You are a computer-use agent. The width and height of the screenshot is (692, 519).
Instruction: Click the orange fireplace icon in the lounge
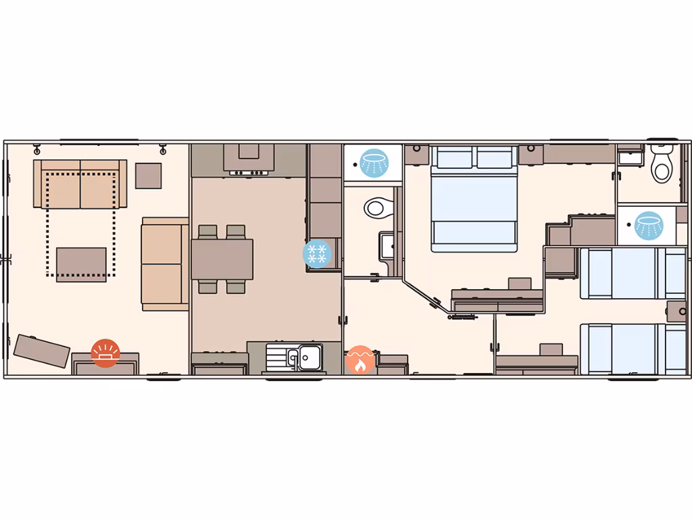point(105,353)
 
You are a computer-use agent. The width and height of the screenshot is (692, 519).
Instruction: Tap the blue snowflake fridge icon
point(317,254)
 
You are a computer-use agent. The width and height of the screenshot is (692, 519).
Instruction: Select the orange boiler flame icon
point(360,360)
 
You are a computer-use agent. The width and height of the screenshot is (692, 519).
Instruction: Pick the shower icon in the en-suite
point(649,225)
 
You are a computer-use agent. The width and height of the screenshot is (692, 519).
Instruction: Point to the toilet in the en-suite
point(662,164)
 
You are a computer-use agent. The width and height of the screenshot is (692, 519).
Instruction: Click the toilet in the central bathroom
point(378,207)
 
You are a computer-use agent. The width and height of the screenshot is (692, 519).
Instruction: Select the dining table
point(222,259)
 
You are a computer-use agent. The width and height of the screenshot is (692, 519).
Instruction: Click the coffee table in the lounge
point(81,264)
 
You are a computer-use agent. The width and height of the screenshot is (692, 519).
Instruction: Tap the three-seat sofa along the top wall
point(80,184)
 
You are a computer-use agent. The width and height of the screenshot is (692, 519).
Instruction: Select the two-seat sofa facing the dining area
point(164,264)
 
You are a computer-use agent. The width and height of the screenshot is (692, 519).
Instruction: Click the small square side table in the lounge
point(149,176)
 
